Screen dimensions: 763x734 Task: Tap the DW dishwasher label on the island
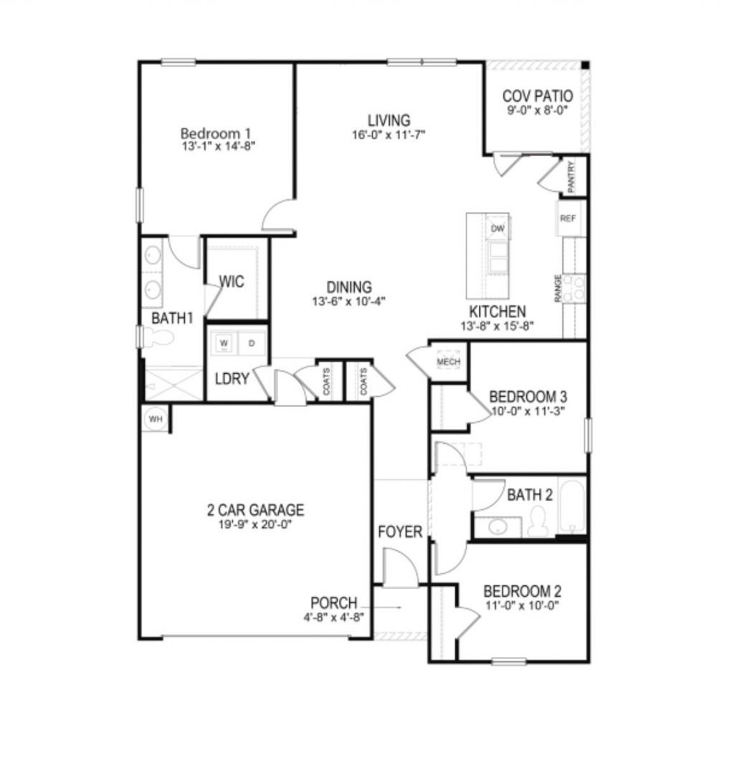(498, 229)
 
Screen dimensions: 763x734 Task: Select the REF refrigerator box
(568, 219)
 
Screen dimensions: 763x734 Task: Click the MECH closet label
(448, 362)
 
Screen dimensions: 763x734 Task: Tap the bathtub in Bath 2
(572, 507)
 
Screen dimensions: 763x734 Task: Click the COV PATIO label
(538, 96)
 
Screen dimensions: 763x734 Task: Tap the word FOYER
(400, 532)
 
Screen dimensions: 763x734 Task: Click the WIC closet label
(232, 282)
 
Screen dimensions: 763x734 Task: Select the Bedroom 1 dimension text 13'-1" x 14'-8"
(219, 145)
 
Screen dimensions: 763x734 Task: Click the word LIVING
(389, 120)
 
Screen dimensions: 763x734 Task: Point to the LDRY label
(232, 378)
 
